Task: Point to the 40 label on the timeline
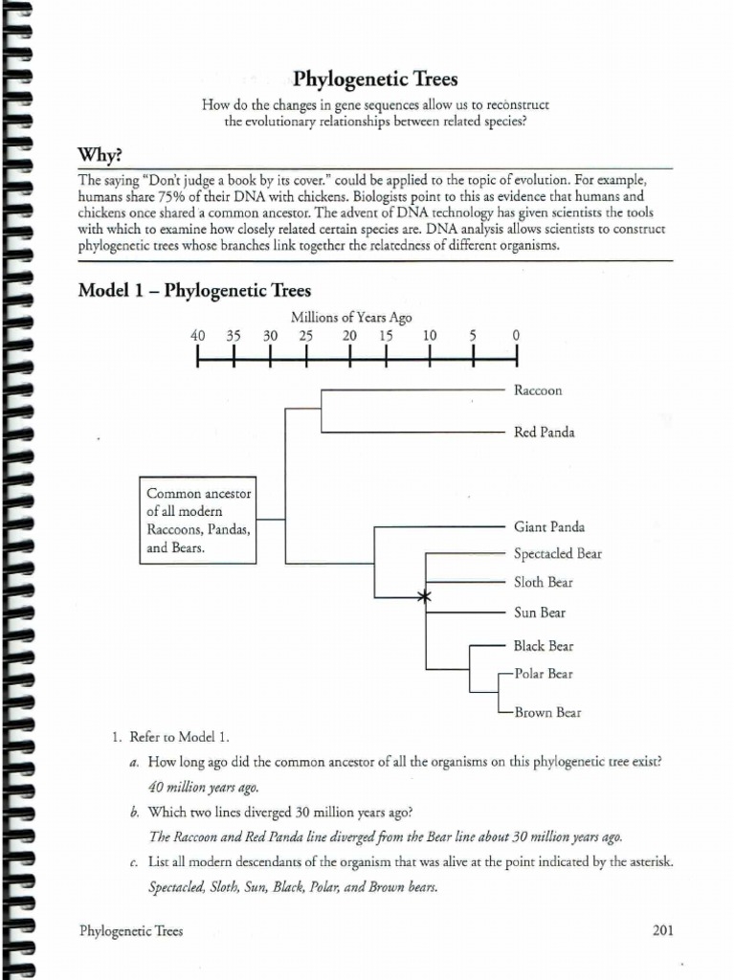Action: click(198, 336)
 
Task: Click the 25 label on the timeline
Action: click(305, 336)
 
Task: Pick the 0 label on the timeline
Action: click(516, 336)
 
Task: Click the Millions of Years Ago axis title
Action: click(352, 319)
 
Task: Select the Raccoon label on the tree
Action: click(538, 390)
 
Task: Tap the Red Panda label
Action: click(545, 433)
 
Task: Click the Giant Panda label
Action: click(548, 526)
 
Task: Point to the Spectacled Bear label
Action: click(558, 553)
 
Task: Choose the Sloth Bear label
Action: click(544, 582)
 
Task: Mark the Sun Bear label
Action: click(540, 612)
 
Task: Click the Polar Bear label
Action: click(544, 674)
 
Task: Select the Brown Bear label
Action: click(547, 712)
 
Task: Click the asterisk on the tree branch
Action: click(425, 597)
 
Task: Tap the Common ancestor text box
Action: click(198, 521)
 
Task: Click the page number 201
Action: click(663, 929)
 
